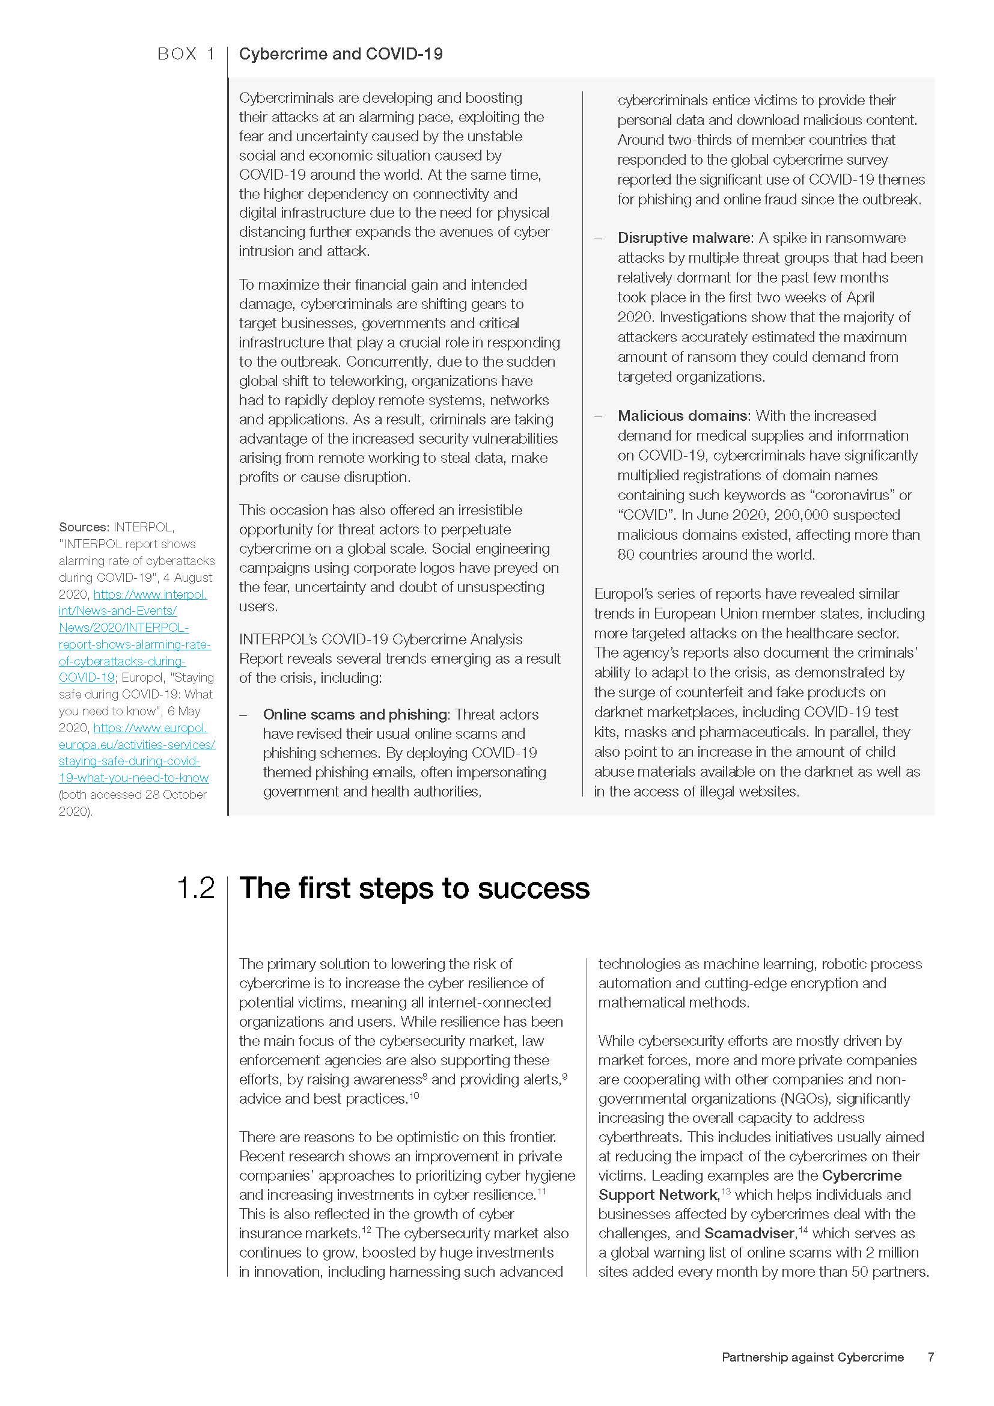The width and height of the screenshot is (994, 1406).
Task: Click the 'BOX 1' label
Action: (x=186, y=55)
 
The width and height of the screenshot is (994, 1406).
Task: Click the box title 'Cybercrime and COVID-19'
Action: (x=340, y=55)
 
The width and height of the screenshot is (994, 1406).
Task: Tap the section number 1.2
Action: (x=196, y=888)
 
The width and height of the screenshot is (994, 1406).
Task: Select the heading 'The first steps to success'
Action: (x=415, y=888)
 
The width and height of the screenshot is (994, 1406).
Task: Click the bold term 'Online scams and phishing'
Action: (x=355, y=715)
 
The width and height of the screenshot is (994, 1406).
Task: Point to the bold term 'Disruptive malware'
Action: (x=684, y=238)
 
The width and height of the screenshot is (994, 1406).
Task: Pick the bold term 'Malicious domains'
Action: (x=682, y=416)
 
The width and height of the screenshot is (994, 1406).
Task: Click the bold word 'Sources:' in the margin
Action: (x=84, y=527)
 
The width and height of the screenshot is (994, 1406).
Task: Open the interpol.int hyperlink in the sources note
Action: (x=135, y=635)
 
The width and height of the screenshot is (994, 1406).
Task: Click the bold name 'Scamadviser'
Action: (x=750, y=1233)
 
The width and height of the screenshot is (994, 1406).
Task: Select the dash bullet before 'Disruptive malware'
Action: (x=599, y=238)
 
